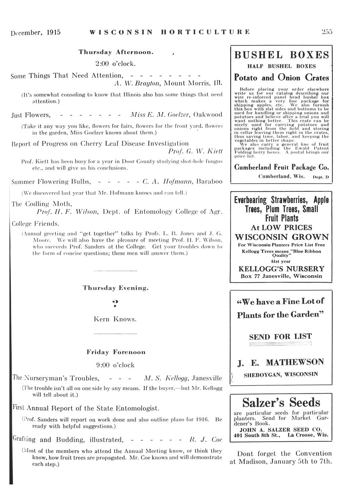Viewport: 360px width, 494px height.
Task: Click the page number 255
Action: tap(327, 32)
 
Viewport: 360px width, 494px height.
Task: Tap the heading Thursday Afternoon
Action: tap(116, 52)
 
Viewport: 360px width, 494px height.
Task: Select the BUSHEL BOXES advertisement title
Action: tap(281, 55)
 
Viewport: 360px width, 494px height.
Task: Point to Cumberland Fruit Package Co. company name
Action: tap(281, 167)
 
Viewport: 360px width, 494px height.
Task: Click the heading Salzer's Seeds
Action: tap(281, 403)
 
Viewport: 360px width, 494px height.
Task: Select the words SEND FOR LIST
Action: tap(280, 336)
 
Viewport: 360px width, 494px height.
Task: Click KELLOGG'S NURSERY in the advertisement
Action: tap(281, 268)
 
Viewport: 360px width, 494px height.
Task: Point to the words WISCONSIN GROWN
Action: tap(281, 237)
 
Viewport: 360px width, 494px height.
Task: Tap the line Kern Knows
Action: tap(115, 319)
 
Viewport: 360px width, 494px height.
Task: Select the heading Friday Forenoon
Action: tap(116, 352)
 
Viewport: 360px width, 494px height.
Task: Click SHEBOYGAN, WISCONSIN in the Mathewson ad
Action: tap(280, 375)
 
